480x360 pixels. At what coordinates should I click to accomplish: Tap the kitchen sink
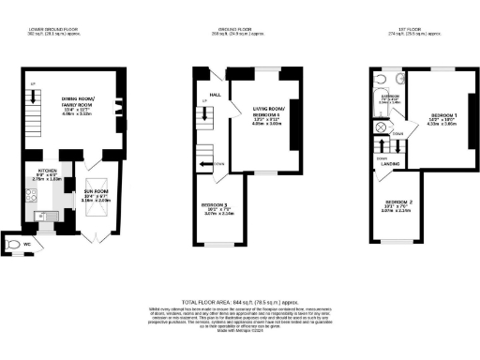coord(41,216)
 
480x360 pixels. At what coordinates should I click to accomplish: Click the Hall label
coord(215,94)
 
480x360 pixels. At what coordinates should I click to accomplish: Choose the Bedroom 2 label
coord(397,202)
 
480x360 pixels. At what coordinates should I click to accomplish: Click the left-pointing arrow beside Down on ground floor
coord(204,165)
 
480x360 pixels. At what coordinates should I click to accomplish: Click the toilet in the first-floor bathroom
coord(397,82)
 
